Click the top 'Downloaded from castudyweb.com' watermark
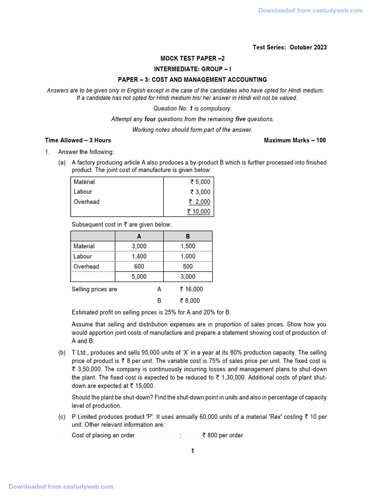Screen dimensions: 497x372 [310, 11]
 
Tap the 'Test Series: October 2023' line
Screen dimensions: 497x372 [290, 47]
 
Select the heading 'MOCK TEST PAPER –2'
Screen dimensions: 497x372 [193, 58]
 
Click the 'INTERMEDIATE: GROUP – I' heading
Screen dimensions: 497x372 [192, 69]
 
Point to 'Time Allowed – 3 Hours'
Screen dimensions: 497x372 [78, 140]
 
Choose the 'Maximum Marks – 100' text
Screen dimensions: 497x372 [294, 140]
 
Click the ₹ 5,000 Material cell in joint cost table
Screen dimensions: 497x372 [200, 182]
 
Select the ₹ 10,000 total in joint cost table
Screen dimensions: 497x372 [199, 212]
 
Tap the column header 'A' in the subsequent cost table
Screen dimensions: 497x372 [139, 236]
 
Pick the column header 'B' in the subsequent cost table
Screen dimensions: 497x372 [188, 236]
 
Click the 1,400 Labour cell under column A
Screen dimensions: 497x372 [139, 256]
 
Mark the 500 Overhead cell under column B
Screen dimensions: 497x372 [188, 266]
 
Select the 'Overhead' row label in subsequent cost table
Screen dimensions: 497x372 [86, 266]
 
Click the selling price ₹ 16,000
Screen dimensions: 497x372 [191, 289]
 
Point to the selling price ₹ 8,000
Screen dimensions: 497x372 [190, 300]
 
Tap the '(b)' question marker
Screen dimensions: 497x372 [62, 352]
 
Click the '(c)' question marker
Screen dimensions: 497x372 [62, 416]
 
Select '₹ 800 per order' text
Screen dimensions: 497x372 [222, 435]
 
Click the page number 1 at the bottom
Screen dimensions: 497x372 [192, 451]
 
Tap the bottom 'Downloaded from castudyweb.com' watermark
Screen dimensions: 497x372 [61, 486]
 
